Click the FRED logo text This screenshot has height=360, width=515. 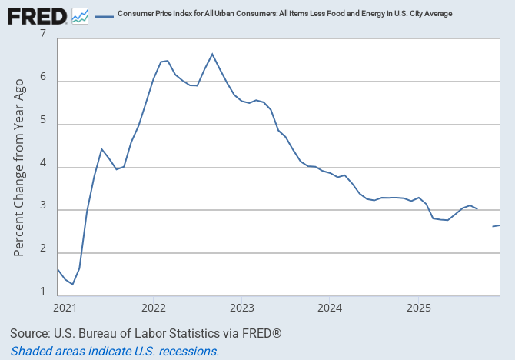[35, 15]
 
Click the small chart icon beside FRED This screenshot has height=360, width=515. [80, 15]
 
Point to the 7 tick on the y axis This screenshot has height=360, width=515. [42, 35]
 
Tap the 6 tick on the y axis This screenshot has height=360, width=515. [42, 78]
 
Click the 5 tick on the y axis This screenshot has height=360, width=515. [42, 121]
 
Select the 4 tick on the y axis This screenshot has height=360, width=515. [42, 164]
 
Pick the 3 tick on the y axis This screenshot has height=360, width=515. [42, 207]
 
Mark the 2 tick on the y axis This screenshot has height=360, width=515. [42, 250]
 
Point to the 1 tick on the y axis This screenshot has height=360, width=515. [42, 292]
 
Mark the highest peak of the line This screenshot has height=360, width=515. [212, 54]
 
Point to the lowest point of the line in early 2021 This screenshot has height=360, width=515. [72, 285]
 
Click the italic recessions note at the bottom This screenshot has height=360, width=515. [115, 351]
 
